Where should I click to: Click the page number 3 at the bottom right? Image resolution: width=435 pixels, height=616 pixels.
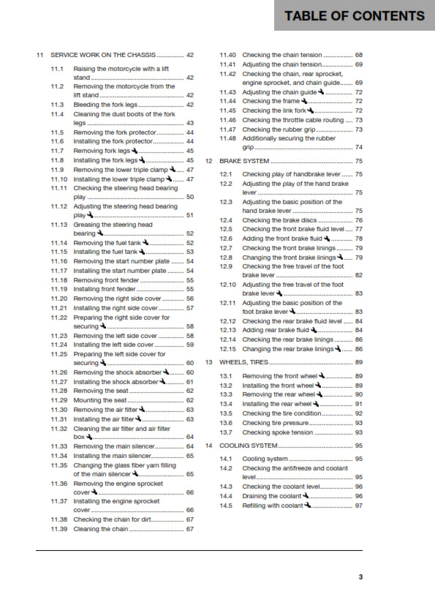[360, 576]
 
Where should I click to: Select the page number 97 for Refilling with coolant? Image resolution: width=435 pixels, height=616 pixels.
[358, 506]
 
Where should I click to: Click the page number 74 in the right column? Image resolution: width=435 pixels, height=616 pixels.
[358, 147]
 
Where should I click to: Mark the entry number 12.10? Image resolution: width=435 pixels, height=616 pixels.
[228, 284]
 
